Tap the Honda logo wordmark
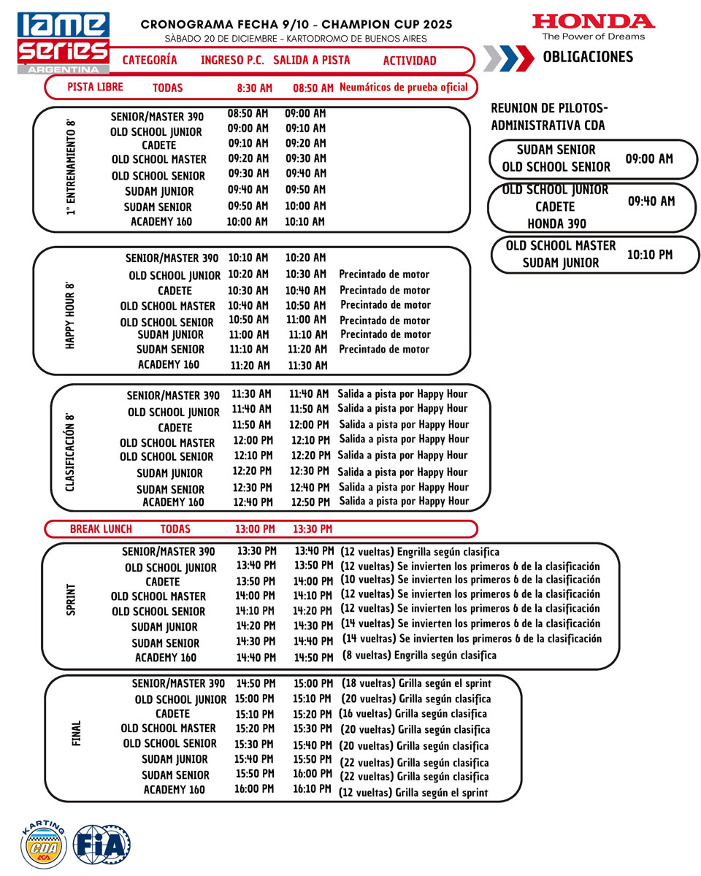click(x=593, y=21)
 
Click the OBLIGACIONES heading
click(x=588, y=57)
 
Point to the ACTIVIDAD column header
click(x=409, y=61)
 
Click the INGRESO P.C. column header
click(x=232, y=61)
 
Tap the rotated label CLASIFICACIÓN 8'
click(x=70, y=452)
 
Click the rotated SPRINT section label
click(x=71, y=599)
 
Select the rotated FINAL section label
click(x=76, y=734)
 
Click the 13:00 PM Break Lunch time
click(x=254, y=529)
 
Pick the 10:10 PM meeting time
click(x=650, y=255)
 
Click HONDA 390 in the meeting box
click(x=556, y=223)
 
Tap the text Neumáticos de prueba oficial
click(x=403, y=88)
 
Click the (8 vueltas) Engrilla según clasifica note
click(x=419, y=656)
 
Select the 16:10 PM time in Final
click(x=312, y=789)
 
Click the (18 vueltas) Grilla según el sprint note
click(x=416, y=684)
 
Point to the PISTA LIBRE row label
click(x=95, y=87)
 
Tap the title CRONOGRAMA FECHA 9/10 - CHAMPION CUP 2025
click(x=296, y=24)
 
